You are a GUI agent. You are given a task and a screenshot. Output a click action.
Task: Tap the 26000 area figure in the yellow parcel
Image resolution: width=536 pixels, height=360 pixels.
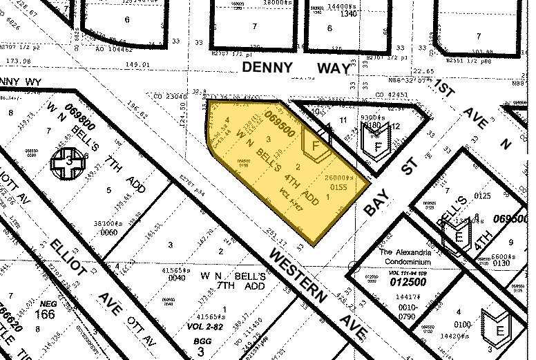[339, 178]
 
